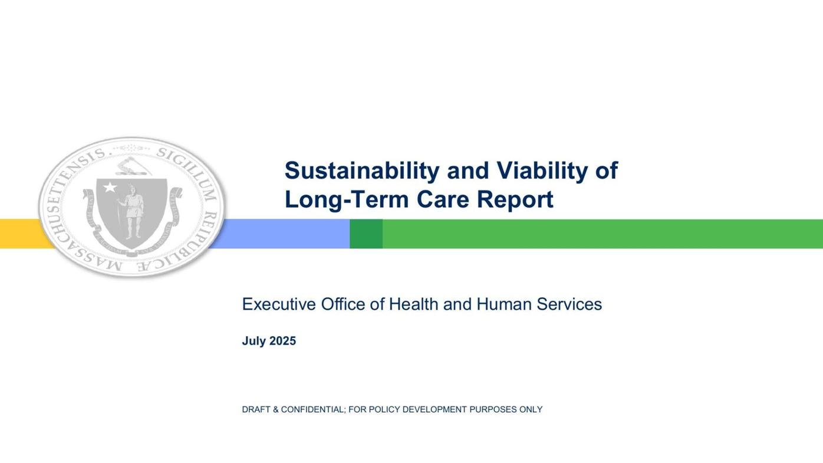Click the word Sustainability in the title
coord(361,171)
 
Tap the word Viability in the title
coord(542,171)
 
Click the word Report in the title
coord(515,199)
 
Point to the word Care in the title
coord(443,199)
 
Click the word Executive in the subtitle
coord(279,304)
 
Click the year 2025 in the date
coord(282,341)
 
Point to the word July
coord(254,341)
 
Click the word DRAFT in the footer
coord(256,409)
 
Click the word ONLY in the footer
coord(531,409)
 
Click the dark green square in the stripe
coord(366,234)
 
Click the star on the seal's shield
coord(110,188)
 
